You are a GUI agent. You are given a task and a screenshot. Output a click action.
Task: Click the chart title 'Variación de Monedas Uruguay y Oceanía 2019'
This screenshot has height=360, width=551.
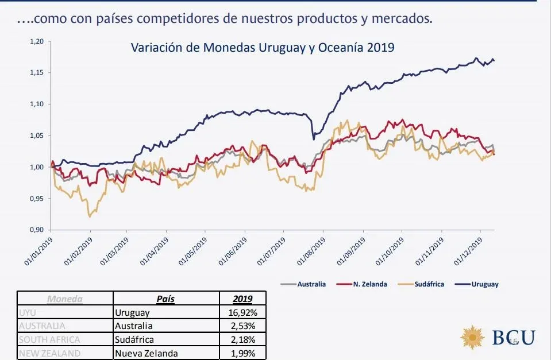pos(263,47)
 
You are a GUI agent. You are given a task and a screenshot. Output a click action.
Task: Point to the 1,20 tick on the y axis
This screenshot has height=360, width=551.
pos(36,42)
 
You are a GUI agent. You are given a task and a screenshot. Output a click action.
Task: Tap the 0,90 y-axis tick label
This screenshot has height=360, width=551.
pos(36,230)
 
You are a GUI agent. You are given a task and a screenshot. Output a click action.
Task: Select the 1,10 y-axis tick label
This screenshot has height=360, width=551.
pos(36,104)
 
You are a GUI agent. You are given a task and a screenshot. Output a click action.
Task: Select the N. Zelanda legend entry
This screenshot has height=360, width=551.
pos(369,284)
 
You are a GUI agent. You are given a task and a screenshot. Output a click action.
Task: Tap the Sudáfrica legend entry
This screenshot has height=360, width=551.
pos(429,284)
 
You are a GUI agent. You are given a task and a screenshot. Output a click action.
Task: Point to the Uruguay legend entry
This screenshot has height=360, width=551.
pos(484,284)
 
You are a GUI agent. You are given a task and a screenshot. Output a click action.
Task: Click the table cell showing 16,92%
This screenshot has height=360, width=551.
pos(244,313)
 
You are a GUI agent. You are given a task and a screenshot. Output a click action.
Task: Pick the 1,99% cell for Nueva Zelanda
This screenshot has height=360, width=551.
pos(244,353)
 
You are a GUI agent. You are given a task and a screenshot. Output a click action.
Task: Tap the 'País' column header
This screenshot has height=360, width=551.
pos(166,299)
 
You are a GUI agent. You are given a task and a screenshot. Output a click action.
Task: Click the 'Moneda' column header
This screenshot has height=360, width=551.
pos(65,299)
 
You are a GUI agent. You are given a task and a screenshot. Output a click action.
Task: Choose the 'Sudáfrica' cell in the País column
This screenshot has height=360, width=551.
pos(135,339)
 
